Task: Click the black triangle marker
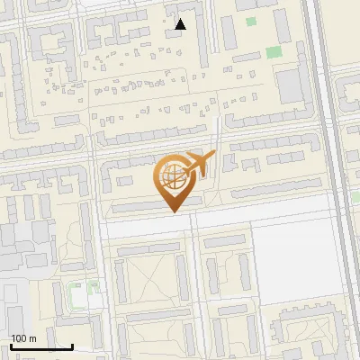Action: click(181, 24)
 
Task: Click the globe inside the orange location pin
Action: click(170, 176)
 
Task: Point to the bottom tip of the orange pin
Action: click(171, 212)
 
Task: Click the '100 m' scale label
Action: click(23, 338)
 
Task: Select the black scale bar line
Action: click(41, 346)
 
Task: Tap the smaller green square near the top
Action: click(251, 22)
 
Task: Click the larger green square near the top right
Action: click(274, 51)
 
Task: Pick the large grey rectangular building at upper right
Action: click(290, 86)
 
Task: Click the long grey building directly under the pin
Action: click(144, 209)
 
